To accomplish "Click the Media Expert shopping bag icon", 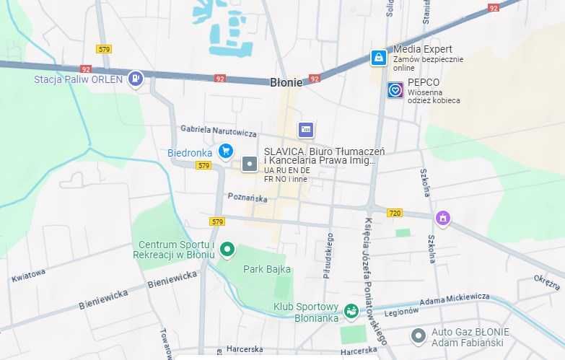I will [x=378, y=58].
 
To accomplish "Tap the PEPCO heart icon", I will [x=395, y=90].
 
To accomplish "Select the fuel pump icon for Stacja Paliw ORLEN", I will [x=135, y=79].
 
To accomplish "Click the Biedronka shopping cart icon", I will [x=226, y=151].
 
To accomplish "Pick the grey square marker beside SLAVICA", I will [x=250, y=164].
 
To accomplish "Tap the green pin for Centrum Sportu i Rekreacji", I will [x=227, y=250].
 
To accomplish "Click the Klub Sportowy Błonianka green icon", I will [x=351, y=311].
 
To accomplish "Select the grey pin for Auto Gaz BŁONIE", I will [x=418, y=335].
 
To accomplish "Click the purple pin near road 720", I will [x=443, y=217].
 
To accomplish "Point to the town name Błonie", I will [x=286, y=82].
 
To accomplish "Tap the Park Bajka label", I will [x=267, y=269].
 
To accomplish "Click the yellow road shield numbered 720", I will [x=394, y=213].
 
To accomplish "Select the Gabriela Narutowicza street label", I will [x=219, y=131].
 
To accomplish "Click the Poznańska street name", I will [x=248, y=197].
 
